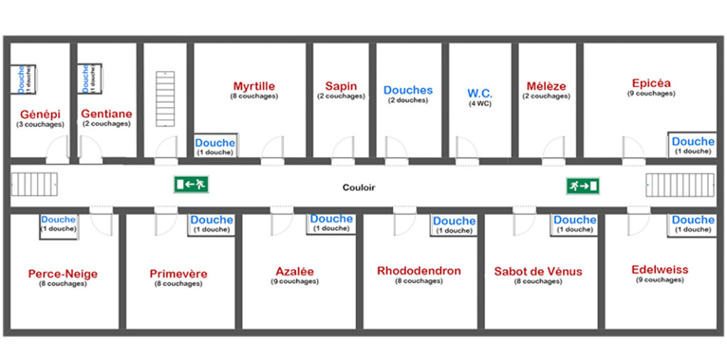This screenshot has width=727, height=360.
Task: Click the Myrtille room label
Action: point(253,87)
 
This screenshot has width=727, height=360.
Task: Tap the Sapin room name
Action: point(341,87)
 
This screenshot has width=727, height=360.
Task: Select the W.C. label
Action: point(480,94)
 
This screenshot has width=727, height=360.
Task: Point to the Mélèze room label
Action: point(546,87)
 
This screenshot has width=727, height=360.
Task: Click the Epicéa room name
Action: point(651,83)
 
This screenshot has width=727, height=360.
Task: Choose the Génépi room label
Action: point(40,114)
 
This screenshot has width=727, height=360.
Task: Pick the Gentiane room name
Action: point(106,114)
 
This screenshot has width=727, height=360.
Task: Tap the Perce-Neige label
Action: point(63,274)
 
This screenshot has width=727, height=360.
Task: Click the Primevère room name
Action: point(178,274)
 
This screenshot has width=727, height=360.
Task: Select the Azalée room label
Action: point(295,272)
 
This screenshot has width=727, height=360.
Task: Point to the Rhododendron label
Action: point(419,271)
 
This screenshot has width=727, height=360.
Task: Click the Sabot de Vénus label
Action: point(538,272)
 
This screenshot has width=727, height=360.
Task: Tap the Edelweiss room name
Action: point(660,270)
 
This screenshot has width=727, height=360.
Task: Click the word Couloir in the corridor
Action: point(359,188)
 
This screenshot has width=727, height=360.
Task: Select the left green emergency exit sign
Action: point(190,185)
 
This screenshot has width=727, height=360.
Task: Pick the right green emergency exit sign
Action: point(583,186)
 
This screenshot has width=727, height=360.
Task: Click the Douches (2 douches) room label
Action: point(408,91)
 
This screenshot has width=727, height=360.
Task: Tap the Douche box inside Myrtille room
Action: point(215,147)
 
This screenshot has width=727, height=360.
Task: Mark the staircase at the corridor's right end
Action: point(680,186)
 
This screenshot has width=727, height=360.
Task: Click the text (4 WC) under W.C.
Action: point(480,104)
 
